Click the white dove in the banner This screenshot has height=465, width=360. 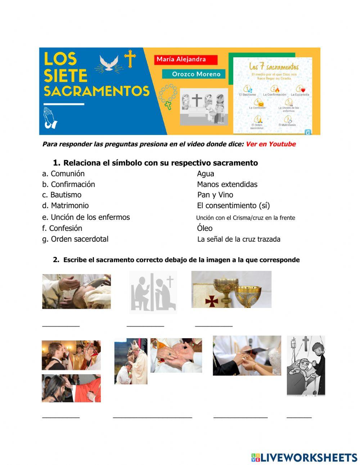pyautogui.click(x=109, y=63)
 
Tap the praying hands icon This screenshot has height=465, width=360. pyautogui.click(x=50, y=118)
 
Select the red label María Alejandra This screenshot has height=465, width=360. pyautogui.click(x=186, y=59)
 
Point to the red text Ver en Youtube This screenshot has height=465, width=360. pyautogui.click(x=270, y=144)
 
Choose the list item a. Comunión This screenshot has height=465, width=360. pyautogui.click(x=63, y=174)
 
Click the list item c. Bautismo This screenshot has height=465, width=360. pyautogui.click(x=62, y=195)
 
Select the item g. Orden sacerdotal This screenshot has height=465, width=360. pyautogui.click(x=75, y=239)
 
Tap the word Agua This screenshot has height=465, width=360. pyautogui.click(x=206, y=174)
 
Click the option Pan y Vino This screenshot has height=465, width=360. pyautogui.click(x=215, y=195)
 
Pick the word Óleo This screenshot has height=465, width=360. pyautogui.click(x=204, y=228)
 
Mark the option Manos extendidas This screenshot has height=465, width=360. pyautogui.click(x=227, y=184)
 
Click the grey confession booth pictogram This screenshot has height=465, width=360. pyautogui.click(x=153, y=292)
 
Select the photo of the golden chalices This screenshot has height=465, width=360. pyautogui.click(x=231, y=289)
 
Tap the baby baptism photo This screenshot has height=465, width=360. pyautogui.click(x=76, y=291)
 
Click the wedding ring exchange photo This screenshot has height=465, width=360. pyautogui.click(x=247, y=356)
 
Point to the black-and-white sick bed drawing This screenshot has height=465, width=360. pyautogui.click(x=306, y=366)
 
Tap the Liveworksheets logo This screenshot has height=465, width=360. pyautogui.click(x=304, y=457)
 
